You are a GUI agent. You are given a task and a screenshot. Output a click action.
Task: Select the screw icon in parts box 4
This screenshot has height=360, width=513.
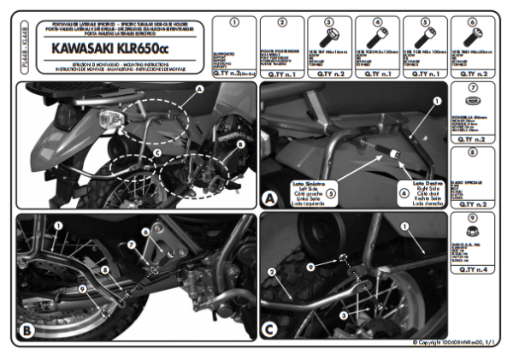point(376,38)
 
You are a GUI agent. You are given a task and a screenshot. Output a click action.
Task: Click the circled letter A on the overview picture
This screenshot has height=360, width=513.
point(199,88)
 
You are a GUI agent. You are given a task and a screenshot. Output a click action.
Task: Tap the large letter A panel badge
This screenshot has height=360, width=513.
point(271,198)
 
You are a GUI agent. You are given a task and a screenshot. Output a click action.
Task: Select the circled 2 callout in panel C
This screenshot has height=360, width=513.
point(272,273)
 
